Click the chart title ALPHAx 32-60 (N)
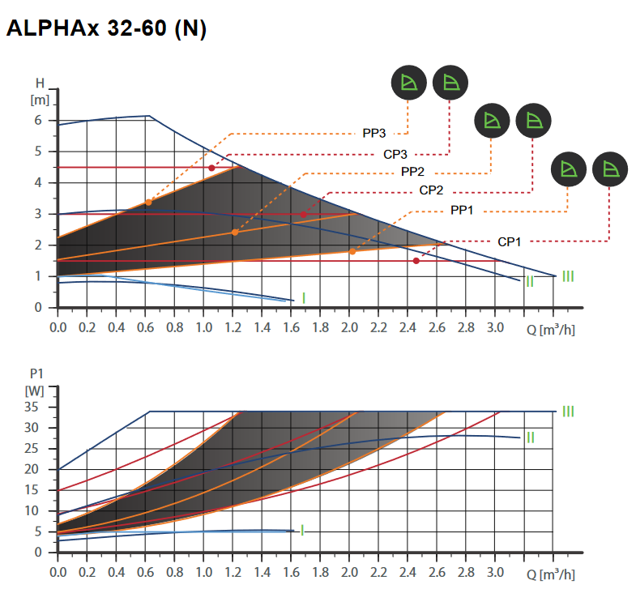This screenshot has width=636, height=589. [106, 29]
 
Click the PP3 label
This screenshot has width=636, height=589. [373, 133]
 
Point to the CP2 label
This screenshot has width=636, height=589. [436, 191]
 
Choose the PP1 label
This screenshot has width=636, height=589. [462, 211]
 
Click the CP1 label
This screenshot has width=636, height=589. [508, 241]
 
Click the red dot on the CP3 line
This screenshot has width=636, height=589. [211, 168]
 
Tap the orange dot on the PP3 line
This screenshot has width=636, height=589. [148, 202]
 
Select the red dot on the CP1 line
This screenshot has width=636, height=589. [416, 261]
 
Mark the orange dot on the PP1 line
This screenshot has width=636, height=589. [352, 251]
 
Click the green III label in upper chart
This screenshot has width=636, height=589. [568, 276]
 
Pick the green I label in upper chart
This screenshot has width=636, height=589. [303, 298]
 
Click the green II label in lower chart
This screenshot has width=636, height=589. [530, 437]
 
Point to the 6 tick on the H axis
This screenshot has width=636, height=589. [37, 120]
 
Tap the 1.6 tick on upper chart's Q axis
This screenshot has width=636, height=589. [291, 327]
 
